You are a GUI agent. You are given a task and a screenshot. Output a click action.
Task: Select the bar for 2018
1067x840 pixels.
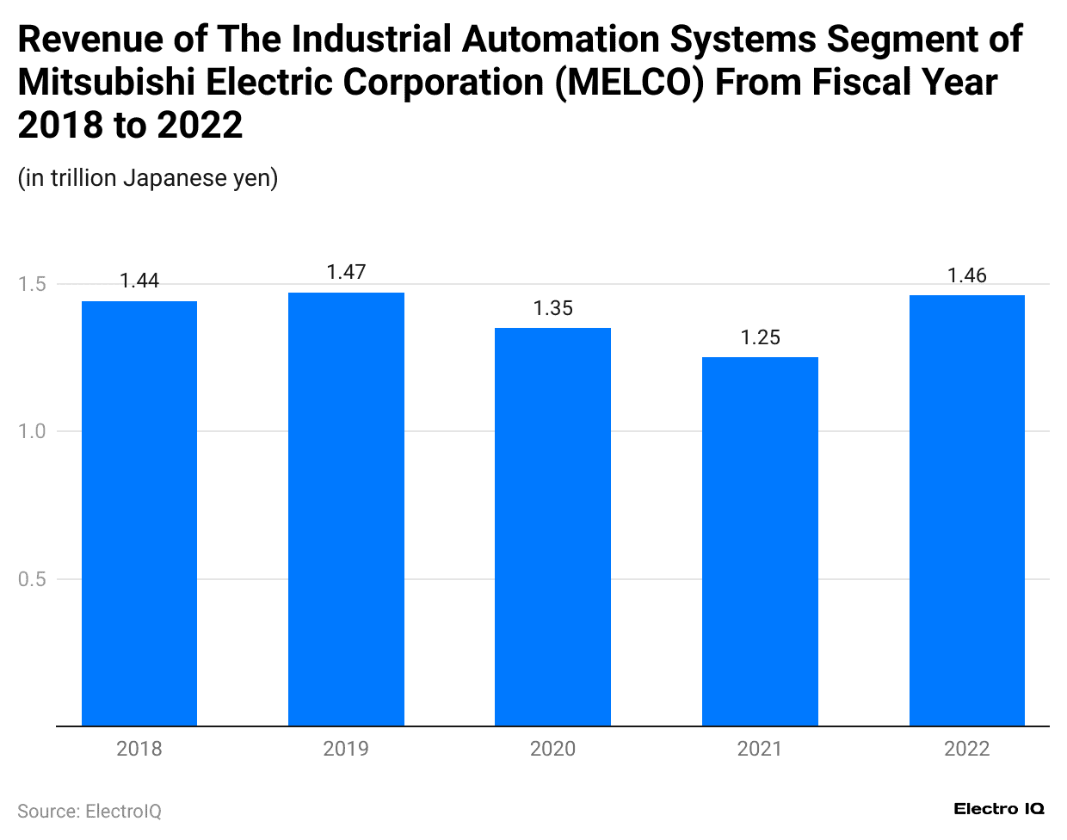[139, 513]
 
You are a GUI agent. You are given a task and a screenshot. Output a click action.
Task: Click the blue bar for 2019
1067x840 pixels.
[346, 509]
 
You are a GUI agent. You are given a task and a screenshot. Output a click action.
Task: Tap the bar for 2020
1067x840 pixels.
[552, 527]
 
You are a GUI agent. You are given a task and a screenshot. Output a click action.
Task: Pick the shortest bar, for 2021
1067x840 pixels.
[760, 541]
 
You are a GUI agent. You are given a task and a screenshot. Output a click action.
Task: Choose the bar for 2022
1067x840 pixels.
[967, 510]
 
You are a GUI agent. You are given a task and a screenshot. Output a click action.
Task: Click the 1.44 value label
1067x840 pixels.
[139, 281]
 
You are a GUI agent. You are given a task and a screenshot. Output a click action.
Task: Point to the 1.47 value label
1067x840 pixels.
[346, 272]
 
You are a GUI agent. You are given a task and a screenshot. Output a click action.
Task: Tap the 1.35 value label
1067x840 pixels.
[552, 308]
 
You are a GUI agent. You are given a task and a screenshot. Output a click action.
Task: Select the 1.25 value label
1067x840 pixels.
[760, 337]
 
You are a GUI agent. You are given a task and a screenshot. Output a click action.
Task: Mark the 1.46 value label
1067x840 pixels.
[967, 275]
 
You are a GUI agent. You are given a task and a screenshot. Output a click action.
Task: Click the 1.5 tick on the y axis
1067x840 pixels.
[32, 284]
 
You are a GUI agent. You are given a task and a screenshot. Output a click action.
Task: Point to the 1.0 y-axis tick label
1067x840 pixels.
[32, 431]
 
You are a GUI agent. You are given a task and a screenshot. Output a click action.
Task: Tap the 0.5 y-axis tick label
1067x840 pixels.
[32, 579]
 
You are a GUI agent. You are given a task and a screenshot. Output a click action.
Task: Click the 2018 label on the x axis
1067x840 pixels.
[139, 749]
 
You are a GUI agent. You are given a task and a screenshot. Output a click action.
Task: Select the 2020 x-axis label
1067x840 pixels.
[552, 749]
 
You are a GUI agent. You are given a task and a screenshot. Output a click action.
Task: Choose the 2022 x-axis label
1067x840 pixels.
[967, 749]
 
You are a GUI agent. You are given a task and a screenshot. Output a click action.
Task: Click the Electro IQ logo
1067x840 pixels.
[999, 809]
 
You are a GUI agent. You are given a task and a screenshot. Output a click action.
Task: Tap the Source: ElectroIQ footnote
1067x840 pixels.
[89, 812]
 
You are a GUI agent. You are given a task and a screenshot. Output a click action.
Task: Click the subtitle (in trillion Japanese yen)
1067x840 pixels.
[148, 178]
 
